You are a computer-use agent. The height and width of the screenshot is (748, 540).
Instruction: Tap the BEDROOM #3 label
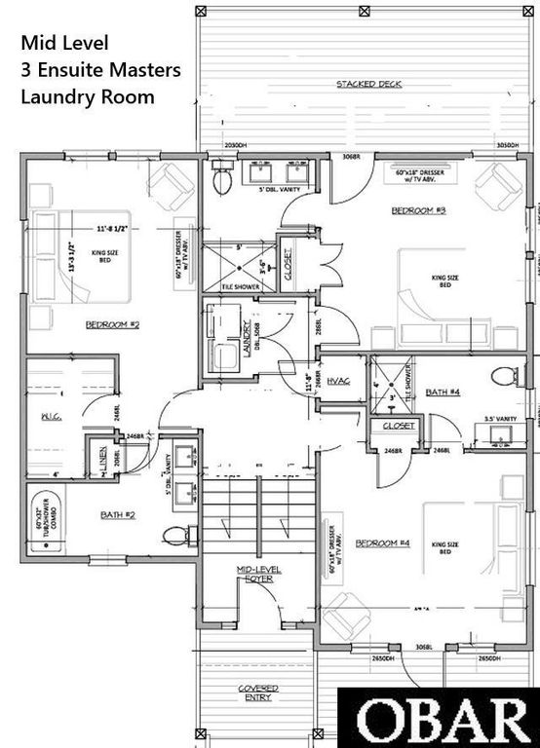pyautogui.click(x=418, y=210)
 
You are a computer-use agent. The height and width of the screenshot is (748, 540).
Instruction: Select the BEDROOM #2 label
pyautogui.click(x=112, y=324)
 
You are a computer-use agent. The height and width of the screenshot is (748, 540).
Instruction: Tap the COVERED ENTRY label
pyautogui.click(x=257, y=692)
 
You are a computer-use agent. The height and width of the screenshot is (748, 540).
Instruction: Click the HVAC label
pyautogui.click(x=338, y=381)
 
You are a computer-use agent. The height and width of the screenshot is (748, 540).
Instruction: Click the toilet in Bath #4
pyautogui.click(x=504, y=376)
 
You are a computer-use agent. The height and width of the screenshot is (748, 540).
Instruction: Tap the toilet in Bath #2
pyautogui.click(x=176, y=535)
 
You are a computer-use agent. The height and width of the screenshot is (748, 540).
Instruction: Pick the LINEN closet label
pyautogui.click(x=104, y=461)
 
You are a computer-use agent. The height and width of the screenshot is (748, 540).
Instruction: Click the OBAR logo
pyautogui.click(x=440, y=719)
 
